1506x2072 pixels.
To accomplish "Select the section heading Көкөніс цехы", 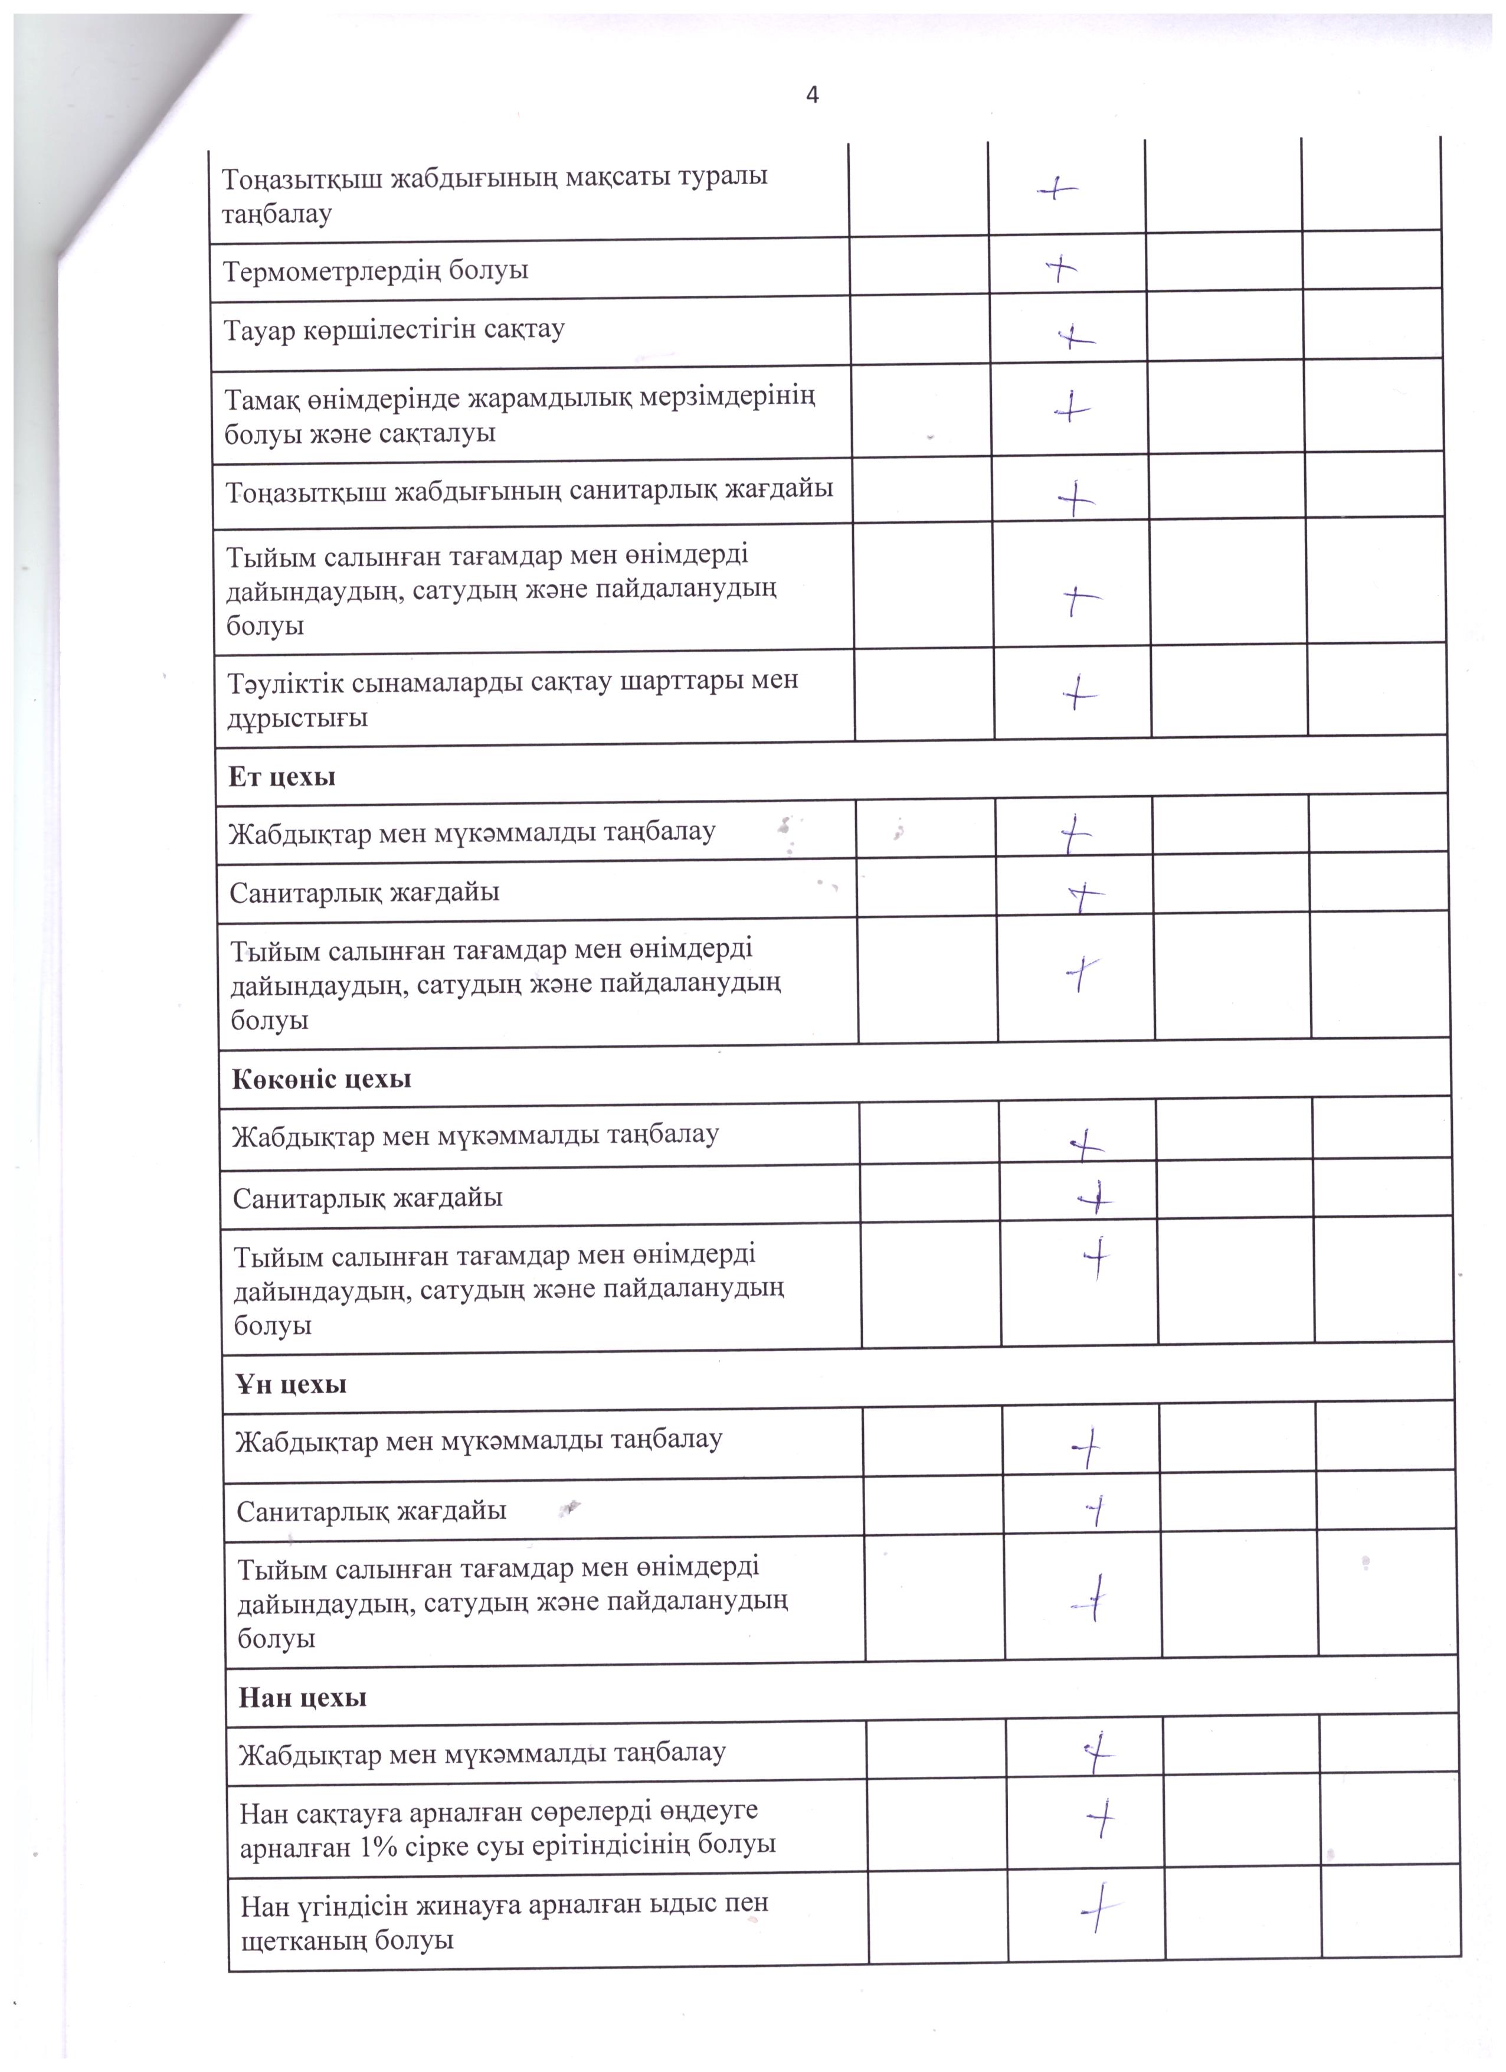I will pos(322,1079).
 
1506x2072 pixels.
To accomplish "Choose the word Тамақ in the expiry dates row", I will pos(265,398).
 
